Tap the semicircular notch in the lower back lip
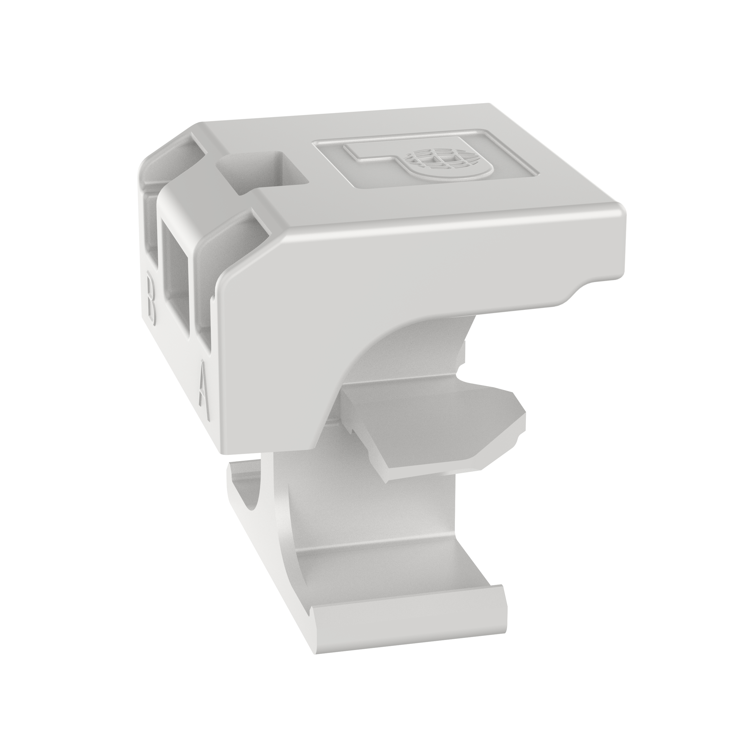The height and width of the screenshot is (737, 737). (x=252, y=496)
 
